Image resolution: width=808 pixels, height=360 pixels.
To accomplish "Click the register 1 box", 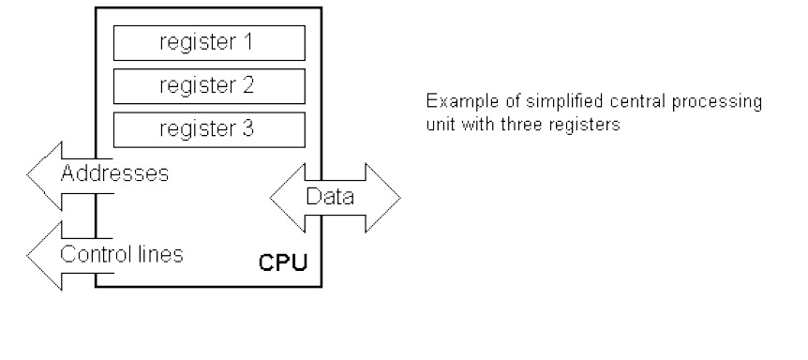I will [208, 42].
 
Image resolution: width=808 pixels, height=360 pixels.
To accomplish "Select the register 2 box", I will [208, 86].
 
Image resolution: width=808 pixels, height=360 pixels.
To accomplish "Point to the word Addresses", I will [114, 174].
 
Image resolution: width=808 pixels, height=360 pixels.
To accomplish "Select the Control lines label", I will [121, 253].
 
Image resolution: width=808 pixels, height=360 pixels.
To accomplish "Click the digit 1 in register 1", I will [249, 42].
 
